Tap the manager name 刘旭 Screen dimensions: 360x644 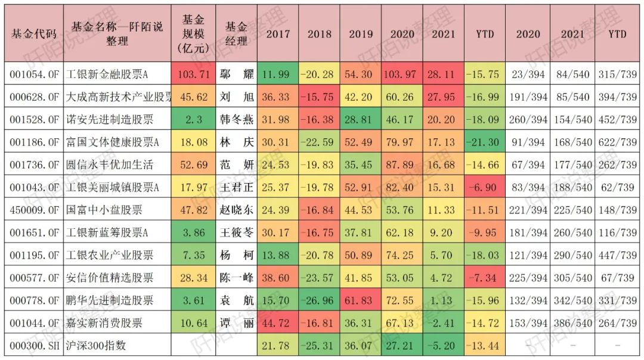coord(236,97)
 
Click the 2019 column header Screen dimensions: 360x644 coord(361,34)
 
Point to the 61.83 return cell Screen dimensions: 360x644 coord(361,300)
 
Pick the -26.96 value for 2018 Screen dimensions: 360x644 coord(320,300)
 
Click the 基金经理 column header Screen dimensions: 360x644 coord(236,34)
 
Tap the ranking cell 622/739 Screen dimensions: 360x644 coord(618,142)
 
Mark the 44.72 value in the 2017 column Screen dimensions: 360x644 coord(278,323)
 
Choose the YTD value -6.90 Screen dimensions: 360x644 coord(485,187)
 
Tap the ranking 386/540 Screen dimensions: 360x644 coord(572,323)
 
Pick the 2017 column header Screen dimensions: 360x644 coord(278,34)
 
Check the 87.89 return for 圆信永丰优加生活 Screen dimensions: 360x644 coord(402,165)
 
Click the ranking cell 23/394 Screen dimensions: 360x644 coord(527,74)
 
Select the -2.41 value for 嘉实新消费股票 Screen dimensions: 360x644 coord(443,323)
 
